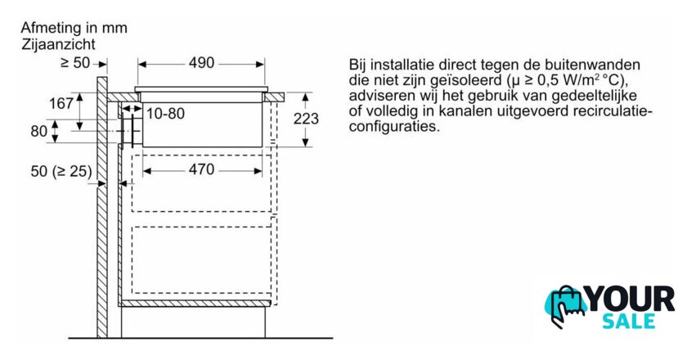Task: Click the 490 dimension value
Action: [x=201, y=63]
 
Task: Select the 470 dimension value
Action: [x=201, y=169]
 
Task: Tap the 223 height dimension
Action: [x=306, y=119]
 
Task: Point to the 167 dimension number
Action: [x=61, y=103]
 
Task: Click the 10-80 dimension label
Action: [x=165, y=114]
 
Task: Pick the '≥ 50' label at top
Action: [x=75, y=63]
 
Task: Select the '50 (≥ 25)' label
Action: [x=61, y=171]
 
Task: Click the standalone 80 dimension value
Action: [x=39, y=131]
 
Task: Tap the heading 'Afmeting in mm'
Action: [x=74, y=28]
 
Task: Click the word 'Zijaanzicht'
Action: [x=58, y=44]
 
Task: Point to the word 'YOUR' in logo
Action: [x=630, y=299]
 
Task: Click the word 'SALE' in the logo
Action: [x=629, y=322]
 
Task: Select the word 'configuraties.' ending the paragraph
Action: [x=394, y=127]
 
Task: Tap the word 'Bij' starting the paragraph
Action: [x=357, y=65]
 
